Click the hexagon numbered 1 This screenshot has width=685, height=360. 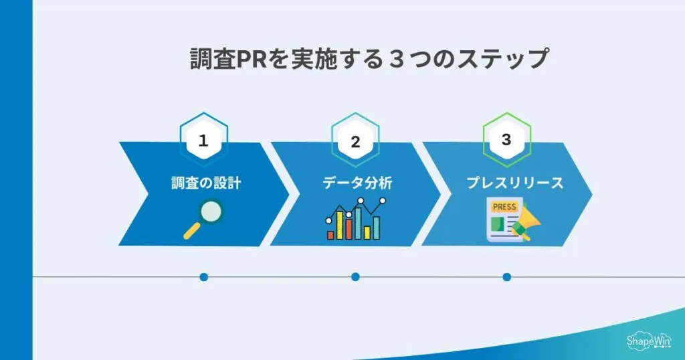point(204,141)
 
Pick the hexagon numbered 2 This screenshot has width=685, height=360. point(355,141)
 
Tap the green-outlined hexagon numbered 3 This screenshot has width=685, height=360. point(506,140)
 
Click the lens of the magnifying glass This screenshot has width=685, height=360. point(211,211)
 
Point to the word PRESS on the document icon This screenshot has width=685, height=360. point(504,207)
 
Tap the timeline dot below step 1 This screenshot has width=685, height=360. point(204,277)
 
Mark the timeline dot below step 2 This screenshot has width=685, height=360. point(355,277)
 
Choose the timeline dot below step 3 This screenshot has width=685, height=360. point(506,277)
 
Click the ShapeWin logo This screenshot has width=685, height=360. point(648,340)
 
